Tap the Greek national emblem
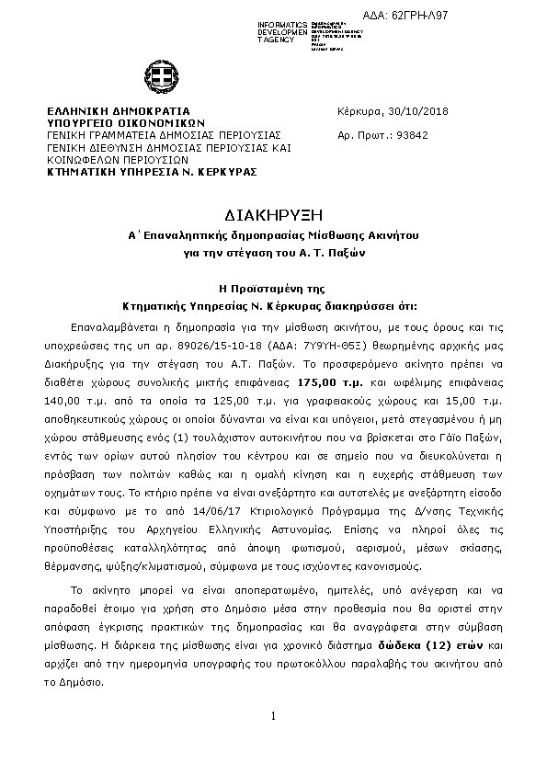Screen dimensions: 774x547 pyautogui.click(x=153, y=75)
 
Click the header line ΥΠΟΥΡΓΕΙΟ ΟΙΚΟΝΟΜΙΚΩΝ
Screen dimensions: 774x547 pyautogui.click(x=125, y=122)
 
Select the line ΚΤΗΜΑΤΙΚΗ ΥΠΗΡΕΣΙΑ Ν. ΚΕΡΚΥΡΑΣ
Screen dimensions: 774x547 pyautogui.click(x=152, y=171)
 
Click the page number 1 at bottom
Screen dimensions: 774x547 pyautogui.click(x=274, y=716)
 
